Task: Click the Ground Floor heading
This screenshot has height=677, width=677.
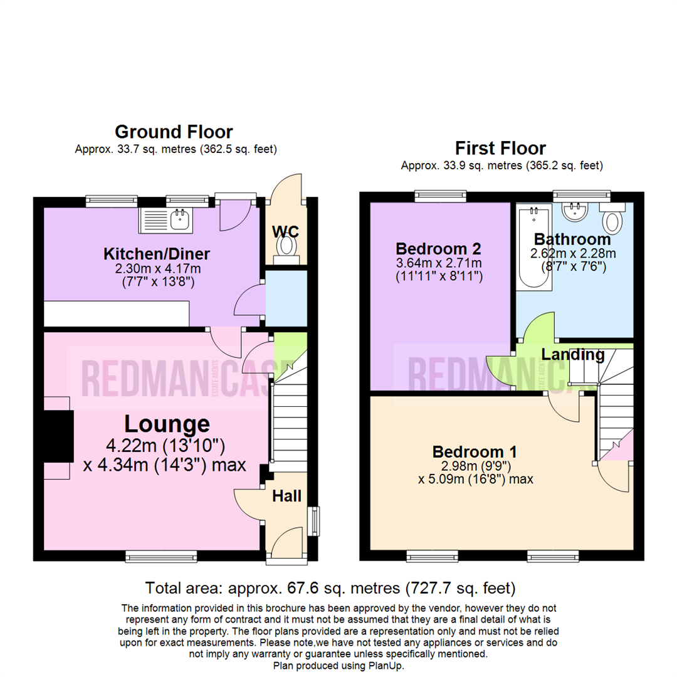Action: point(174,132)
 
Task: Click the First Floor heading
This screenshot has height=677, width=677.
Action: point(500,149)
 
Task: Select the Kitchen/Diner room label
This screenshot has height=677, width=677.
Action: point(156,254)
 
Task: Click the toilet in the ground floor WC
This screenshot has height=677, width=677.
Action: point(286,244)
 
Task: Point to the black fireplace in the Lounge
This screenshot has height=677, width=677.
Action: point(58,438)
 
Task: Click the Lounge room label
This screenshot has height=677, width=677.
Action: point(167,424)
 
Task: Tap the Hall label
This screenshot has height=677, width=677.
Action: point(286,496)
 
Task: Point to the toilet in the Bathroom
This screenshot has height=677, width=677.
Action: point(611,219)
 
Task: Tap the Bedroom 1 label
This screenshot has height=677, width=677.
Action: point(475,451)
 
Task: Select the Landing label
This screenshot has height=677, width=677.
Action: point(573,355)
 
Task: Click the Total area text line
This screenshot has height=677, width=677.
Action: point(330,588)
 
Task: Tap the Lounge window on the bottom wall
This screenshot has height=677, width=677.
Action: point(161,555)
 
